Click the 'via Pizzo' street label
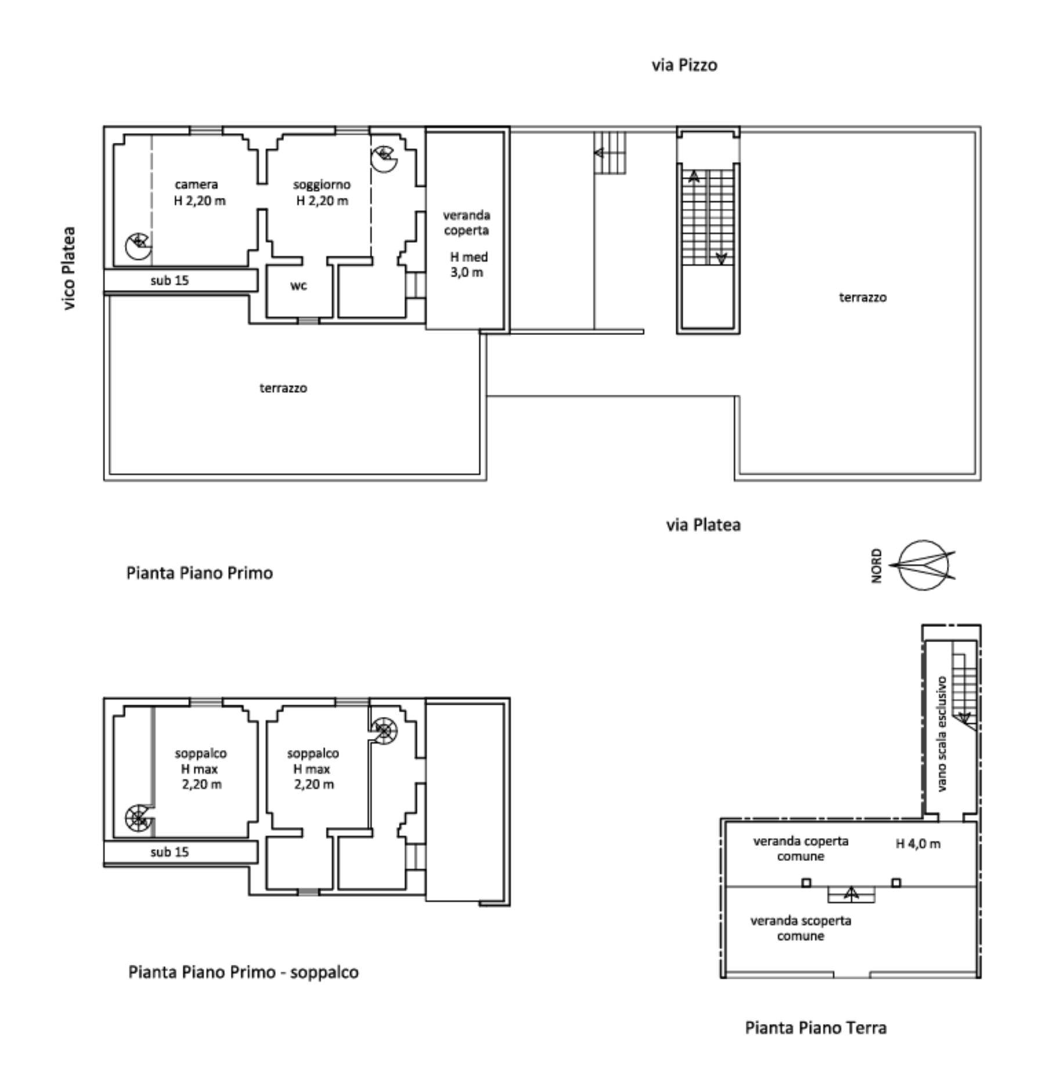click(684, 65)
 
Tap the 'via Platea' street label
click(703, 525)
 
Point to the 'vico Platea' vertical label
click(69, 268)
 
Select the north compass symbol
click(924, 565)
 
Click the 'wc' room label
click(298, 286)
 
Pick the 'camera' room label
click(196, 185)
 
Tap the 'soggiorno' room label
click(322, 185)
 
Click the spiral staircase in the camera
click(139, 246)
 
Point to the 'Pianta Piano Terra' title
click(816, 1028)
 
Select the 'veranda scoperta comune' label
click(801, 928)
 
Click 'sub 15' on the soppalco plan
click(170, 852)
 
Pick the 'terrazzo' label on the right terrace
click(863, 297)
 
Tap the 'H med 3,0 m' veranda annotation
click(469, 265)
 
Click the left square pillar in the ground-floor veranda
click(806, 883)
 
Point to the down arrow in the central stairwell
click(721, 258)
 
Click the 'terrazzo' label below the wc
click(283, 388)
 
